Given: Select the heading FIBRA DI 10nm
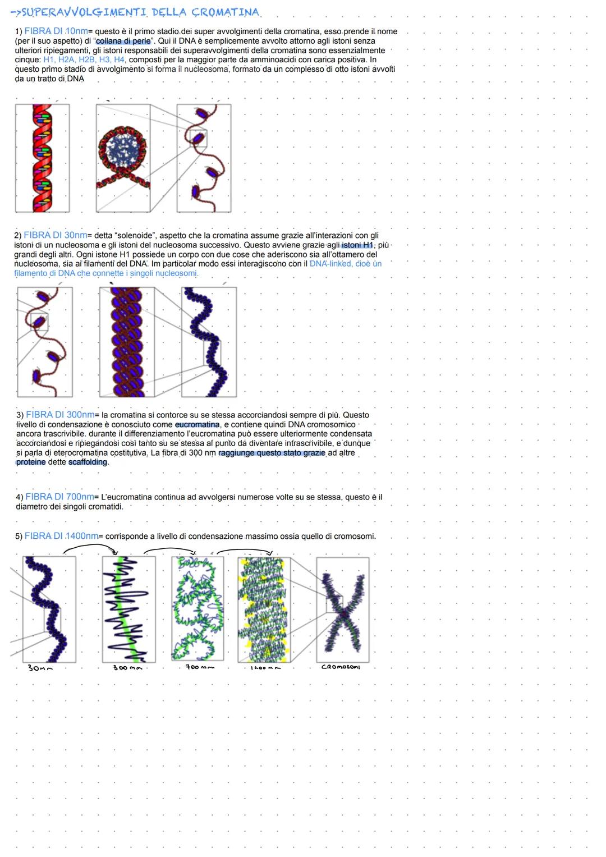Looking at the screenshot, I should [x=56, y=31].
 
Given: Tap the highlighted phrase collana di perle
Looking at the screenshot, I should [x=123, y=41].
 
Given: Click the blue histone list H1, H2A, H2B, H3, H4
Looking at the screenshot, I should [x=84, y=59].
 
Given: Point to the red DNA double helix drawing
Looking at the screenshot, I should [x=43, y=158].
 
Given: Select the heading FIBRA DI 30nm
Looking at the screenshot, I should [x=56, y=235].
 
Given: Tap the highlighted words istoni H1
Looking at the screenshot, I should [x=357, y=245].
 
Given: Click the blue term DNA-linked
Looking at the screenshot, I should [x=330, y=264].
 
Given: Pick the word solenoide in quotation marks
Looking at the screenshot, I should [x=134, y=236].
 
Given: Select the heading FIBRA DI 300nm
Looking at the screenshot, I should [x=60, y=415].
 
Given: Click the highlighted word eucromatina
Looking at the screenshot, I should [x=197, y=425].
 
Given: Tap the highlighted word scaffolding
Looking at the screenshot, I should [x=88, y=462].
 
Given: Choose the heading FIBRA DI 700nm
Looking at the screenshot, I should [x=59, y=497].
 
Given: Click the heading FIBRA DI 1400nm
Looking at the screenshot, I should [x=61, y=536].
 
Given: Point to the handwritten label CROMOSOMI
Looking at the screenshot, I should [x=341, y=667].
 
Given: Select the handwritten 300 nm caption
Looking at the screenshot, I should [x=127, y=668].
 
